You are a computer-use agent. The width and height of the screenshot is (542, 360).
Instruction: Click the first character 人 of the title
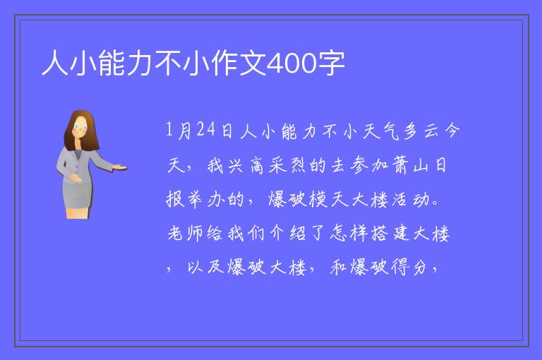pos(55,63)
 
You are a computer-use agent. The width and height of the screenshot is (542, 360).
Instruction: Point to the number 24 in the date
pos(206,130)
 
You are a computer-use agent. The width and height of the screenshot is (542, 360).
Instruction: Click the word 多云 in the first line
pos(419,131)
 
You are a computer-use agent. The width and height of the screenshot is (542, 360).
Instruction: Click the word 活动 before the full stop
pos(410,200)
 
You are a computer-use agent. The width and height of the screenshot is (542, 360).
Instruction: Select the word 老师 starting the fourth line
pos(185,234)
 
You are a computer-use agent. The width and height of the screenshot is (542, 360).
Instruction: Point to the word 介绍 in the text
pos(288,234)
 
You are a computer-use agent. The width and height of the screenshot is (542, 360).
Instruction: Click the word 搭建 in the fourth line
pos(390,234)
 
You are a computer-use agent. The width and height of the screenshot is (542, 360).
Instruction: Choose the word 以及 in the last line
pos(205,268)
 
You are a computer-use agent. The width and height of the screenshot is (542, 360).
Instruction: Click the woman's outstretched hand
pos(120,167)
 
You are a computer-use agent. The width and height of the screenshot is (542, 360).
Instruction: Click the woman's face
pos(80,128)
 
